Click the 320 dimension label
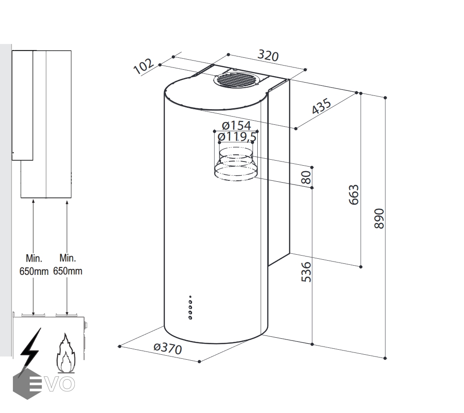268,56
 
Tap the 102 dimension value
143,67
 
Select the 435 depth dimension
322,106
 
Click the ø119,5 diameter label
237,137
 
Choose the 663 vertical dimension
354,195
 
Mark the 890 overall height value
379,219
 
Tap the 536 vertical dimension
306,271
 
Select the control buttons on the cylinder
190,307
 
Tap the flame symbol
65,353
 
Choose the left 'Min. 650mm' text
34,265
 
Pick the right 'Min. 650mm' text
68,265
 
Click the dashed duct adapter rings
236,163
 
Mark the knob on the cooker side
86,325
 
